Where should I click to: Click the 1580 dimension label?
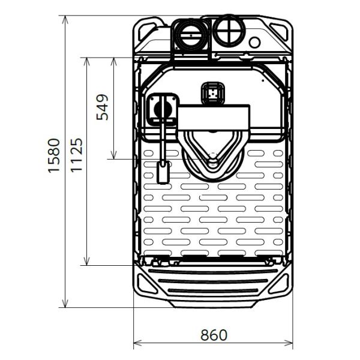point(54,155)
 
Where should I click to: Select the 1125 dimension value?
point(76,155)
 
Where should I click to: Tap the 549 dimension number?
point(102,107)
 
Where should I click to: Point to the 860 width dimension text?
point(214,335)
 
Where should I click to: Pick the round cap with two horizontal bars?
point(191,35)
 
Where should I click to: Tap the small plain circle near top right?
point(254,42)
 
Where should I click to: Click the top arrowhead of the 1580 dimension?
point(65,19)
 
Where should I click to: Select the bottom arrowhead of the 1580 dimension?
point(65,304)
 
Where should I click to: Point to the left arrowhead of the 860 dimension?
point(137,343)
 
